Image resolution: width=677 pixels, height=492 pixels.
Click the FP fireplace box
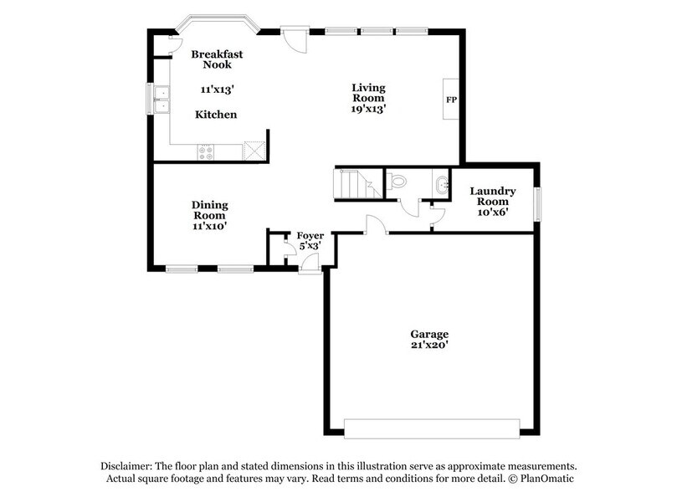(450, 100)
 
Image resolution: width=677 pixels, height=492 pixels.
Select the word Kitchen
(216, 115)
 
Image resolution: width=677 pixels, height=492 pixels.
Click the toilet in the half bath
(397, 179)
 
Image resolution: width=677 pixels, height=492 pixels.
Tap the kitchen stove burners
(206, 151)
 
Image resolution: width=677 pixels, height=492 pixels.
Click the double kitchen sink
(159, 99)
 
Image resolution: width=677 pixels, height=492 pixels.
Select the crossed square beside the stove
(254, 151)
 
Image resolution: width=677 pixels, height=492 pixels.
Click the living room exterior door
(294, 38)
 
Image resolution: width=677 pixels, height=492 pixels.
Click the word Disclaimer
(125, 466)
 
